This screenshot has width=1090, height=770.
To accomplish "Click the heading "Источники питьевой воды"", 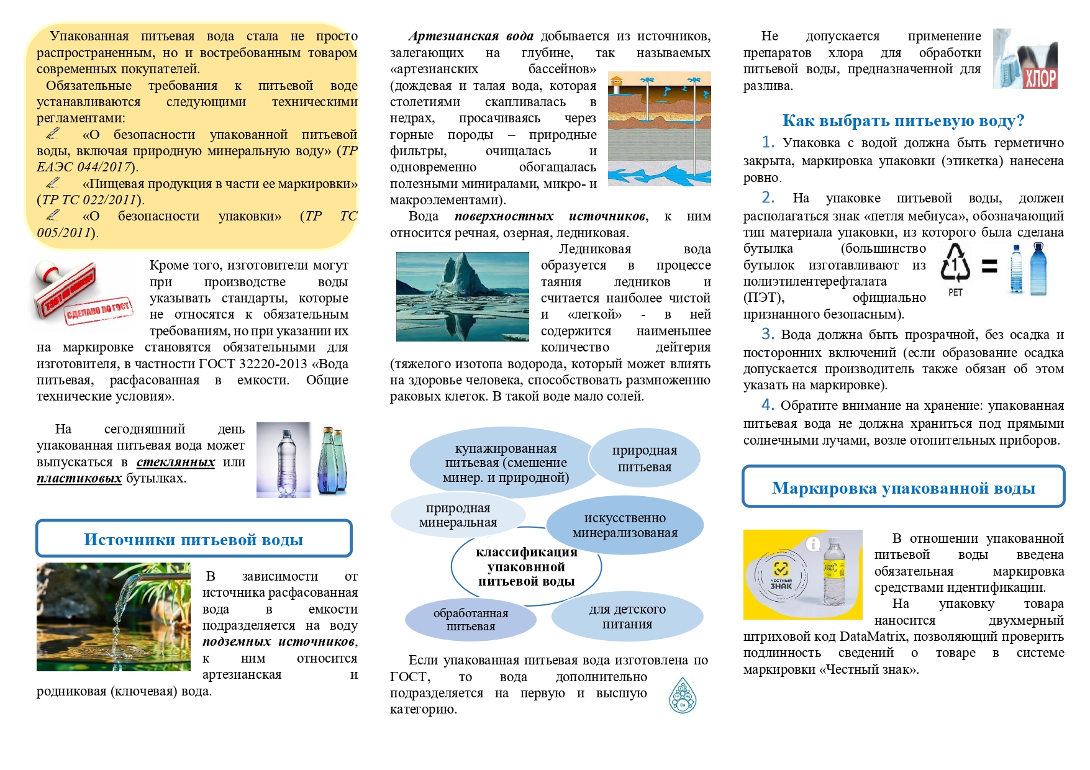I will point(193,539).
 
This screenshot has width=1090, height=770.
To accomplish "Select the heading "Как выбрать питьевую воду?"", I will point(903,120).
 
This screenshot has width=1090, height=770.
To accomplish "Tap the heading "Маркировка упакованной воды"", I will point(903,488).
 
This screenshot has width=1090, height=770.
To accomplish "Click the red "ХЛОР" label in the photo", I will point(1040,78).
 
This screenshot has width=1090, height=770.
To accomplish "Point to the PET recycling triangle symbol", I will point(955,264).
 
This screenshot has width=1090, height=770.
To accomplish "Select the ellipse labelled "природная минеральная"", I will point(458,515).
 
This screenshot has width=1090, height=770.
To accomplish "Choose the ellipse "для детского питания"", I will point(627,617).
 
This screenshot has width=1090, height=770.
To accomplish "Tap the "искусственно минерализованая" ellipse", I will point(625,525).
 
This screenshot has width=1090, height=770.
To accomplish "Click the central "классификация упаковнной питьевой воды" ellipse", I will point(526,567).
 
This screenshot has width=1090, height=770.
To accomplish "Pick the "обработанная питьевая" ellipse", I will point(471,620).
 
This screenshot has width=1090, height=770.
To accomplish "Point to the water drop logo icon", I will point(683,695).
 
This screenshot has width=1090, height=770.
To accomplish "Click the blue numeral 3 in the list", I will point(768,334).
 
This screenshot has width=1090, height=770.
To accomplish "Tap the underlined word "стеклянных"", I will point(176,462).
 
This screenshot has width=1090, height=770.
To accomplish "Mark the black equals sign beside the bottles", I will point(989,266).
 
